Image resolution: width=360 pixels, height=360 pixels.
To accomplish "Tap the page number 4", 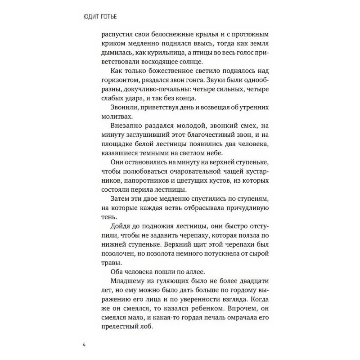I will [84, 345].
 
